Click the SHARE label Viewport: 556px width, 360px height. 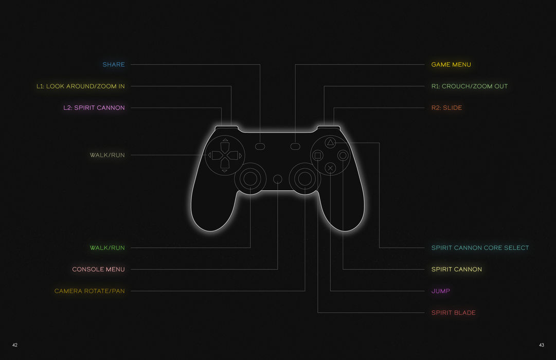point(114,65)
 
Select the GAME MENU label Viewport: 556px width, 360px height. point(451,65)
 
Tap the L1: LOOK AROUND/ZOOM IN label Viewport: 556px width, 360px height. point(80,86)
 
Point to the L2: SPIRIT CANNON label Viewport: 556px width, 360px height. point(94,108)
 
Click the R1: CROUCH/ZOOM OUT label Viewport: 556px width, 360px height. point(469,86)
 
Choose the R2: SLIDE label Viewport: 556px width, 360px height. point(446,108)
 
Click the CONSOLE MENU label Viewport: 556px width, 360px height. point(98,269)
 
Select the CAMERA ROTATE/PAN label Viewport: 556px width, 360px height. point(89,291)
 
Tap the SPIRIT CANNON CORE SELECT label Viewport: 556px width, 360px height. point(480,248)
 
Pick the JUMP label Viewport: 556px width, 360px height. point(440,291)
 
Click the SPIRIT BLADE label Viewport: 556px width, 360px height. point(453,313)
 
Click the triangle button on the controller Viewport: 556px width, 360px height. point(331,142)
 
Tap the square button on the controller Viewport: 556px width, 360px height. point(318,155)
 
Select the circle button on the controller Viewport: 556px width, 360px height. point(343,155)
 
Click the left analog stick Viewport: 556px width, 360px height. point(250,178)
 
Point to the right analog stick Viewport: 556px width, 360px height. point(305,178)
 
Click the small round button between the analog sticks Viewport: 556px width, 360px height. point(278,179)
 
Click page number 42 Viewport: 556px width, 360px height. point(15,345)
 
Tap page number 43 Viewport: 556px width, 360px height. point(541,345)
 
